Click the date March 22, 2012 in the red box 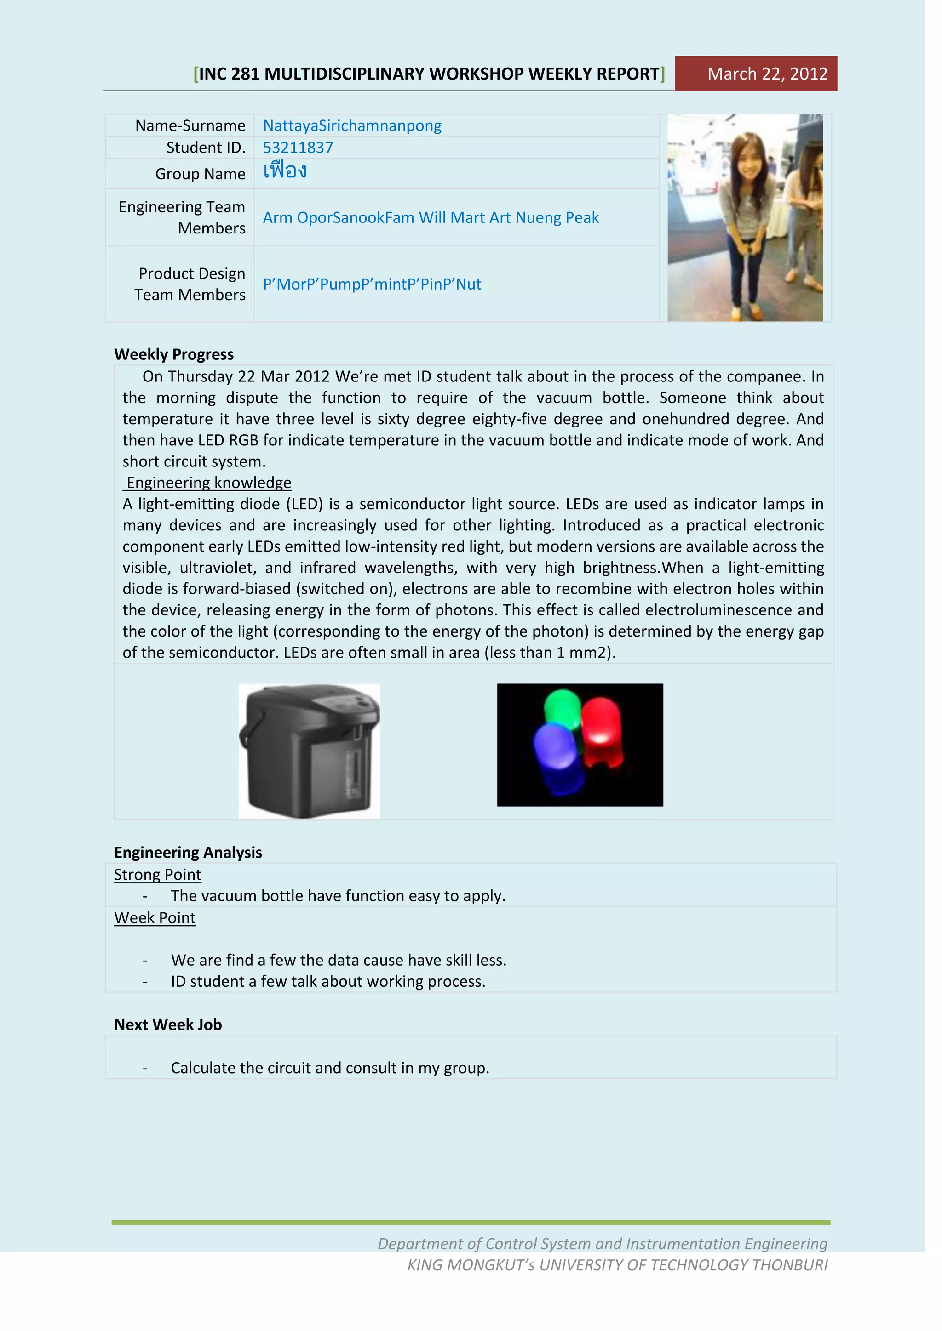(x=767, y=74)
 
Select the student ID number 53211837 (x=298, y=147)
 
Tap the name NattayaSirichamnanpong (x=351, y=125)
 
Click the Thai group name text (x=285, y=171)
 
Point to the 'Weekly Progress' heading (x=173, y=354)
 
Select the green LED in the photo (x=563, y=708)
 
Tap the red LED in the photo (x=602, y=732)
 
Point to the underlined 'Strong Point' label (x=157, y=874)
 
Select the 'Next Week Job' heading (x=167, y=1024)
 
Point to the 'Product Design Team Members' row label (x=190, y=284)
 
